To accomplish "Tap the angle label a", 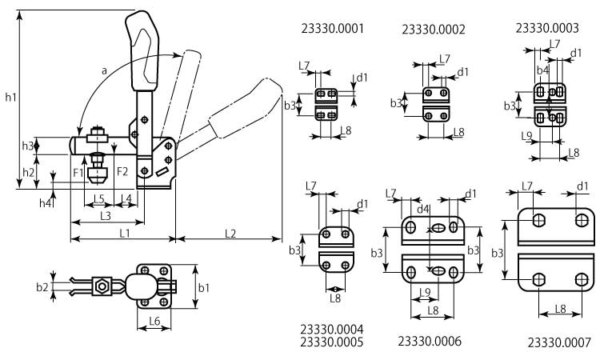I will click(104, 71).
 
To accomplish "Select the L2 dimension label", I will click(230, 233).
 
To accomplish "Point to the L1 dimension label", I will click(124, 233).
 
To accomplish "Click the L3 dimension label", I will click(105, 215).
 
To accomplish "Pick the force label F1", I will click(78, 171).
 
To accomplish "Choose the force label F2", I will click(122, 171).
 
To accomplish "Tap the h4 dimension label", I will click(46, 204).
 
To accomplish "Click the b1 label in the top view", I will click(204, 286).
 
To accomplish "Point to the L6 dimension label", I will click(155, 321).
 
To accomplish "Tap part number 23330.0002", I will click(433, 30).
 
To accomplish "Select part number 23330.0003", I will click(546, 27).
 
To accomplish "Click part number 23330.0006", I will click(429, 341).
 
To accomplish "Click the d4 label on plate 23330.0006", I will click(426, 210).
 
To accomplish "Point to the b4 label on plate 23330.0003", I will click(542, 70).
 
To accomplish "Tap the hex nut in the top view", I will click(102, 286).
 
